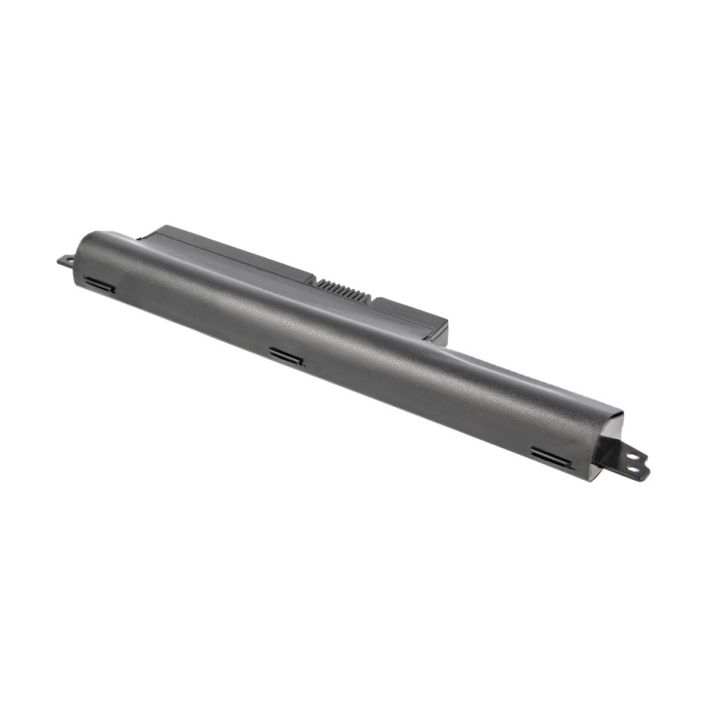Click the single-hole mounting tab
(65, 261)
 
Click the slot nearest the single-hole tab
(99, 285)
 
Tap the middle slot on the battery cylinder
(286, 356)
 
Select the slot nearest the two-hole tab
(550, 456)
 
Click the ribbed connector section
(342, 289)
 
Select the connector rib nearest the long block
(319, 282)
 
